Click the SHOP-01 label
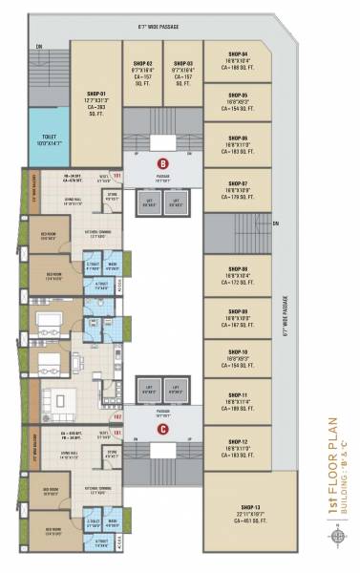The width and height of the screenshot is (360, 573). coord(96,94)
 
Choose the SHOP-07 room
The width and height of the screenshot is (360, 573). coord(238,188)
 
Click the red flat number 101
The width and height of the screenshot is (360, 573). coord(117,176)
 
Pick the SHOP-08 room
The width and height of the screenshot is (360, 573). coord(238,274)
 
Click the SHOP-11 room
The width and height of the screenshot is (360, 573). coord(238,394)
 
